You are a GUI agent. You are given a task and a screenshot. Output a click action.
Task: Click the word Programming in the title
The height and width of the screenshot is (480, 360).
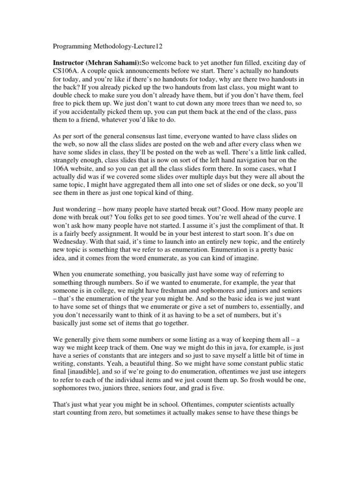click(68, 46)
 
